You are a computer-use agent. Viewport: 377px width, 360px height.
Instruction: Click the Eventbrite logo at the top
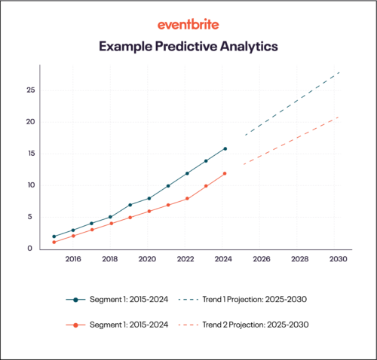click(x=188, y=25)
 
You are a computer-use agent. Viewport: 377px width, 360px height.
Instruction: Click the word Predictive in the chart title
click(x=191, y=47)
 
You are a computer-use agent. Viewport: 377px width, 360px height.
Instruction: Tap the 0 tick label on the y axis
click(x=30, y=249)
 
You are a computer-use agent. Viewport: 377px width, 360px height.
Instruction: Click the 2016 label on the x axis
click(x=73, y=260)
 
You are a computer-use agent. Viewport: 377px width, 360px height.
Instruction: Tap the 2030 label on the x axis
click(x=337, y=260)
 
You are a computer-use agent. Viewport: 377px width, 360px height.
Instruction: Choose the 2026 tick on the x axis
click(x=262, y=260)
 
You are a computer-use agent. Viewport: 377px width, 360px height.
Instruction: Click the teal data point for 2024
click(x=225, y=148)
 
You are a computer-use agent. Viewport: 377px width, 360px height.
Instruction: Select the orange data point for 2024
click(x=225, y=173)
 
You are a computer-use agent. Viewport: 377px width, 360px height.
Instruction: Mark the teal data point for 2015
click(x=54, y=236)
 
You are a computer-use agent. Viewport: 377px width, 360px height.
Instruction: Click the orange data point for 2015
click(x=54, y=243)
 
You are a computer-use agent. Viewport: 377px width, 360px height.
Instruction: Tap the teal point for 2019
click(x=130, y=205)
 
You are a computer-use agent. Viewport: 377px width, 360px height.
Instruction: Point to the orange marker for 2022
click(x=187, y=199)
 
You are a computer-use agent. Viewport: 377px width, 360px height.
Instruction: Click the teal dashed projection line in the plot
click(x=290, y=104)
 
